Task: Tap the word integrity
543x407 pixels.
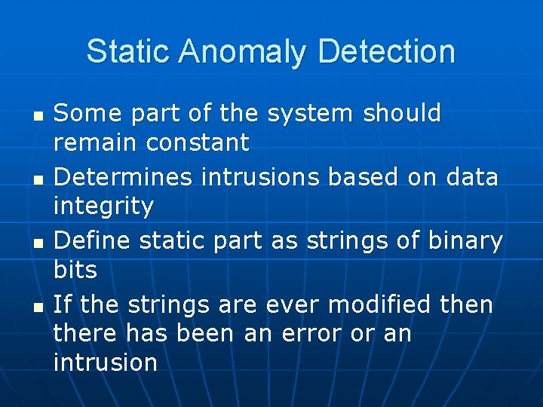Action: (103, 206)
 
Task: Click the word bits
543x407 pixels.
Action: (75, 269)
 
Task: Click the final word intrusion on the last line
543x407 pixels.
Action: (105, 362)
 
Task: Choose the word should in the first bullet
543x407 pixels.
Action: (402, 114)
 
